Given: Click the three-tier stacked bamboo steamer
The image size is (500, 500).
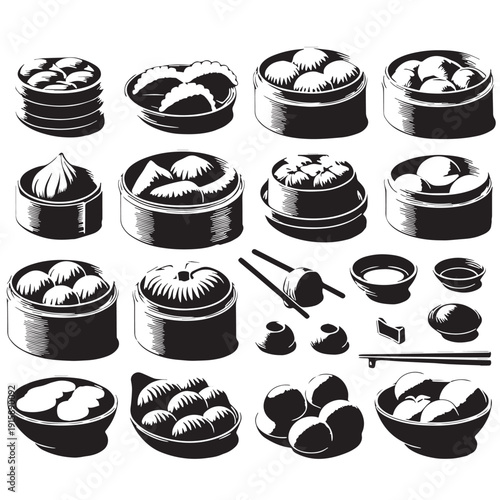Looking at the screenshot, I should (x=60, y=95).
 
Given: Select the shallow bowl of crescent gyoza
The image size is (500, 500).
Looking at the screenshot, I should (x=181, y=94).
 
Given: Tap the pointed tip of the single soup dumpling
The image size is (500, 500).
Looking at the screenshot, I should (x=57, y=158).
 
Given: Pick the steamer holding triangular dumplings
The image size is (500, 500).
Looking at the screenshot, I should (x=181, y=195).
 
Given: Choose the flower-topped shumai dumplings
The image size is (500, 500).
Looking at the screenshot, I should (x=313, y=172).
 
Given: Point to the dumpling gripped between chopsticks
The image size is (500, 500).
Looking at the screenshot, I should (x=303, y=286).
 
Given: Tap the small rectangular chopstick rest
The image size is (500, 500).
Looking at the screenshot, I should (x=391, y=329).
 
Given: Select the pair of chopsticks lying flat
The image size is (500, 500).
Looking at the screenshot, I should (x=425, y=357).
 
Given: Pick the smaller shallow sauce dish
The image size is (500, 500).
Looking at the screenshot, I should (x=458, y=273).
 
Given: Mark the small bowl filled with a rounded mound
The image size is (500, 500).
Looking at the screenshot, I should (x=454, y=319).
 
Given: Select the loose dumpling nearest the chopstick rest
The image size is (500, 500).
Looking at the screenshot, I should (x=329, y=338).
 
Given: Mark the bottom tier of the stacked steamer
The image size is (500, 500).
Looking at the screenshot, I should (x=60, y=122).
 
